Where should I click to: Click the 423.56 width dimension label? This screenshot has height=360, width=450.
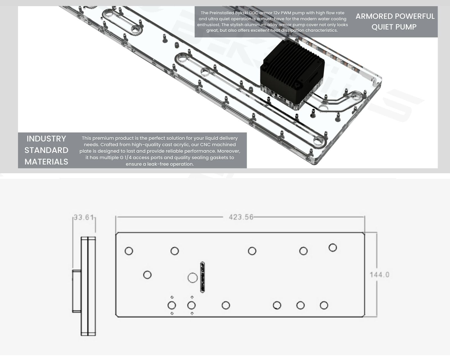pos(241,217)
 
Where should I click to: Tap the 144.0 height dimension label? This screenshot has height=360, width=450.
pos(379,275)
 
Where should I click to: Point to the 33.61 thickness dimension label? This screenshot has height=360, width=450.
pos(84,217)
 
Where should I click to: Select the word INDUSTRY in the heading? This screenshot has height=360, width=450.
pos(46,139)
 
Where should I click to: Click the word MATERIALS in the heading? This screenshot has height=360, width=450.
pos(46,162)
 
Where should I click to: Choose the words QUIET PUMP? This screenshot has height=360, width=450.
pos(394,27)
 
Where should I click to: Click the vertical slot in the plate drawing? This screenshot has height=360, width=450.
pos(202,277)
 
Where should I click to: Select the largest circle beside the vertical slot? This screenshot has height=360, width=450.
pos(192,278)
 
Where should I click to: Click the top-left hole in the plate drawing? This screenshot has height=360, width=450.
pos(129,251)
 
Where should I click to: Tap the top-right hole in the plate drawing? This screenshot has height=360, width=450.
pos(333,248)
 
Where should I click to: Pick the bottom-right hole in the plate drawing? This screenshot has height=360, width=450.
pos(324,305)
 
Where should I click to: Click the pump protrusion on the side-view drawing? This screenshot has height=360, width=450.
pos(77,291)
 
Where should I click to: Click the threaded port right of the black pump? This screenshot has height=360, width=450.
pos(356,96)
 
